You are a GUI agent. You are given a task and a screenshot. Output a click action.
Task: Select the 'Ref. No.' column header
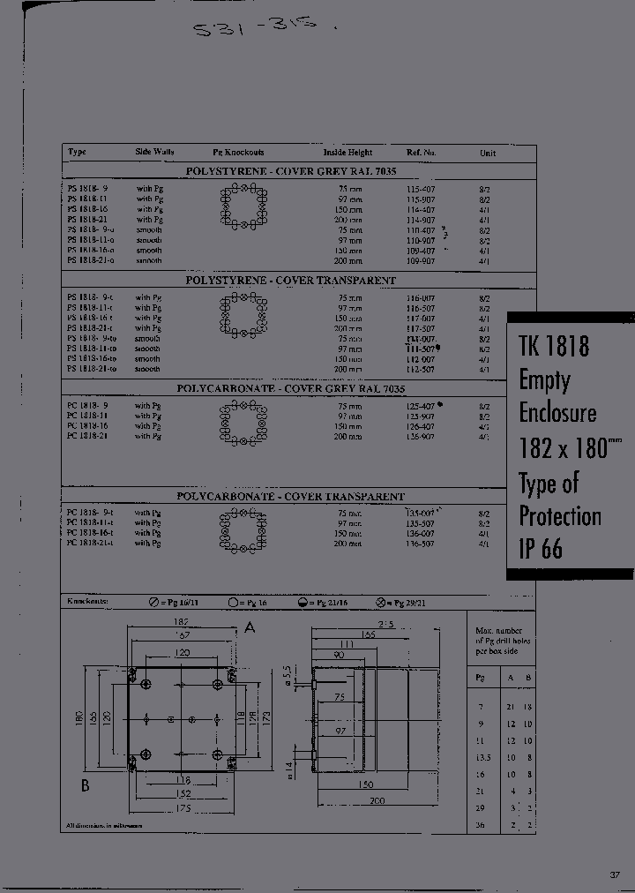[422, 153]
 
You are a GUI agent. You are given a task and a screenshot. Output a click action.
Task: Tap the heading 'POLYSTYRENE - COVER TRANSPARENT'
[290, 280]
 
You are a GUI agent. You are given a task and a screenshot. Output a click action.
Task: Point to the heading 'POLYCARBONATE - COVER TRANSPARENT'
[290, 497]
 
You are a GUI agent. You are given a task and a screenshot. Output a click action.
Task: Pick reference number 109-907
[420, 261]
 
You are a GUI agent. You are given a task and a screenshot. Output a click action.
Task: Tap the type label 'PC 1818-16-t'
[91, 534]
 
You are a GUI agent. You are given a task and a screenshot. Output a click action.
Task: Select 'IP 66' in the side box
[540, 549]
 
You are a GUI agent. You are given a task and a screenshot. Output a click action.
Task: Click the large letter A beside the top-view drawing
[250, 627]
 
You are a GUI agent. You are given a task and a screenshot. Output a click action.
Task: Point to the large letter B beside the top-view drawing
[86, 786]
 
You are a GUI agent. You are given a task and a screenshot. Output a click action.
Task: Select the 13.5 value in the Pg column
[482, 757]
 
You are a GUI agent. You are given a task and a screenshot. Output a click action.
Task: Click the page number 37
[614, 874]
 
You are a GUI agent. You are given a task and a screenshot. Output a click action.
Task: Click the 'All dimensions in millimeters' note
[102, 826]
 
